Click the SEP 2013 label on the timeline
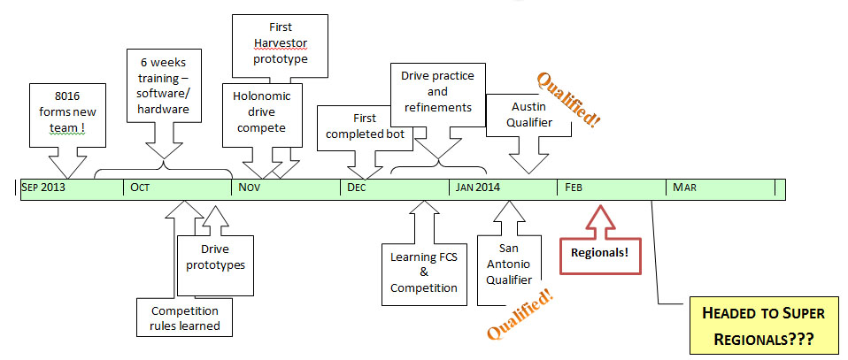(x=43, y=188)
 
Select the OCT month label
(x=140, y=188)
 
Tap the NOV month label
(x=250, y=188)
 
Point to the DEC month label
(x=357, y=188)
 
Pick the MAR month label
(x=684, y=188)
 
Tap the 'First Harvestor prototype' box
(x=280, y=44)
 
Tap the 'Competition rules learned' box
(x=185, y=318)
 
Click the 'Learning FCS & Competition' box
(x=423, y=272)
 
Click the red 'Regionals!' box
(x=599, y=252)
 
